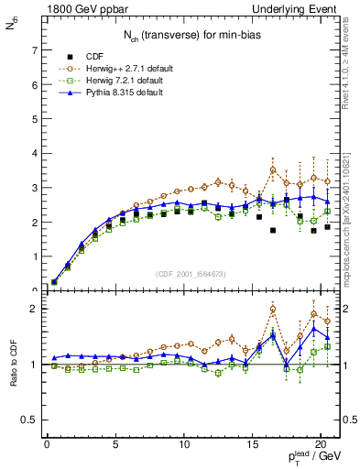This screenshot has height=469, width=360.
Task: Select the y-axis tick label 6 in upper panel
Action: pos(35,84)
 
